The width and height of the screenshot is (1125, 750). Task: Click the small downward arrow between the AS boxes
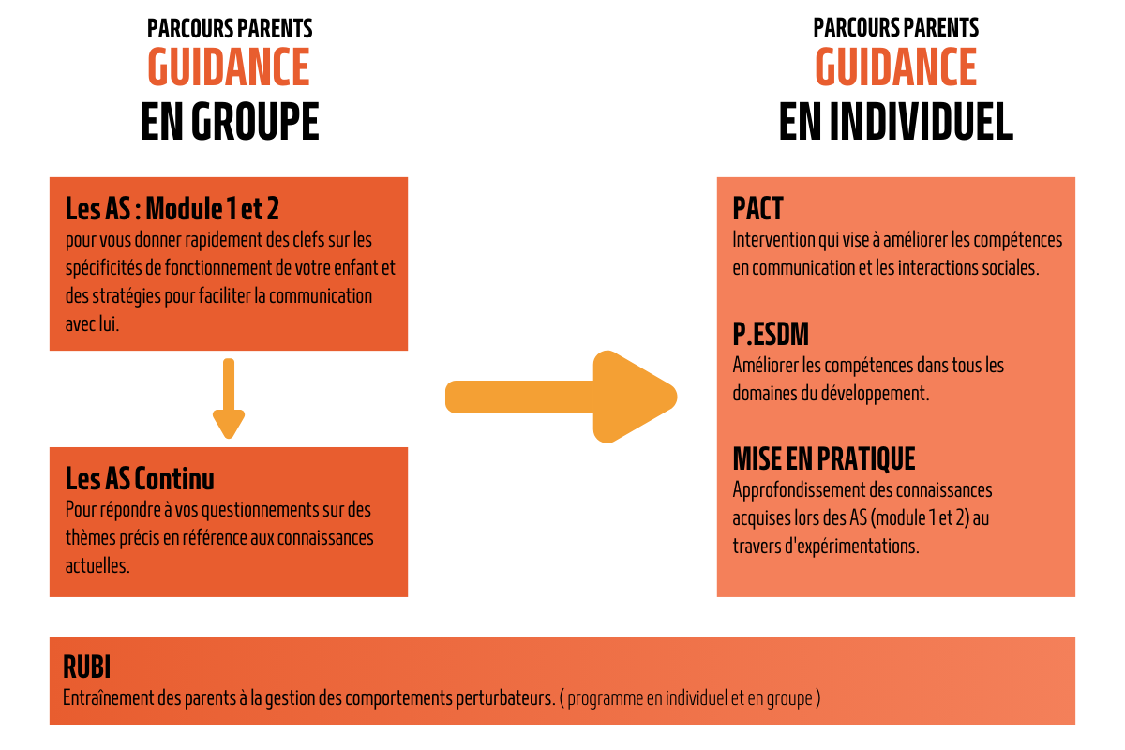[229, 397]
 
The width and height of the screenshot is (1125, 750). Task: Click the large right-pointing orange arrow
[561, 397]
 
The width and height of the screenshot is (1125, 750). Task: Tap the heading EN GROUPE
[230, 121]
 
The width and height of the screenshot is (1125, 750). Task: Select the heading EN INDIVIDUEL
[896, 121]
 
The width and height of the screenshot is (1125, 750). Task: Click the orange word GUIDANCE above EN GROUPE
[229, 67]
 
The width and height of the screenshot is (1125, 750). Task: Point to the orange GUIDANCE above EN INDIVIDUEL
[896, 67]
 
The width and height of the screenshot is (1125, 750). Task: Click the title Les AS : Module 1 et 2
[172, 208]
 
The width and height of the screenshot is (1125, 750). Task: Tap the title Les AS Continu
[140, 478]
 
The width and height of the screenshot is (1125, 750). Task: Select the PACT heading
[757, 208]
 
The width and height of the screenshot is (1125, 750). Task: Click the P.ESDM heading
[771, 334]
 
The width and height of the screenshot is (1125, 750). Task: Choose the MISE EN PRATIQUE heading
[824, 458]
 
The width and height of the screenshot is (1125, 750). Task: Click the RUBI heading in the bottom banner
[86, 667]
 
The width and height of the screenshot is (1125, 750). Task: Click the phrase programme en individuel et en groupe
[690, 698]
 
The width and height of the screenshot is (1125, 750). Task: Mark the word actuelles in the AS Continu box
[97, 566]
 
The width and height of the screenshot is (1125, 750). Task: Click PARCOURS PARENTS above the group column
[230, 28]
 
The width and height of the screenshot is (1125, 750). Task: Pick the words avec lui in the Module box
[92, 324]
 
